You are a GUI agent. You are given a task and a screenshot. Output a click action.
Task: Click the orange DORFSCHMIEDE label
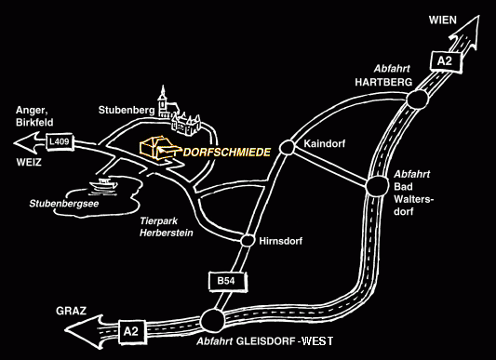227,153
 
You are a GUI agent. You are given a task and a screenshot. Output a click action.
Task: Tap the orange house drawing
156,147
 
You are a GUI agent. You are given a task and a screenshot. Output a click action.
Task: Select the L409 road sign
60,141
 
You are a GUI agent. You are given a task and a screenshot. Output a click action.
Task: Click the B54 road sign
227,281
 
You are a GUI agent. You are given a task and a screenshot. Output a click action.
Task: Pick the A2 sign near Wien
445,60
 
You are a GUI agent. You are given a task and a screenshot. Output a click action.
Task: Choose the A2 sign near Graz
131,331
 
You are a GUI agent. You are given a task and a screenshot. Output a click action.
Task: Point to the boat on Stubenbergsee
103,186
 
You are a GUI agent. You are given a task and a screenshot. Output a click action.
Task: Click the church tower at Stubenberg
163,101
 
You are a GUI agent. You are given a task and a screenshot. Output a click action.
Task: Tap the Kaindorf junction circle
288,147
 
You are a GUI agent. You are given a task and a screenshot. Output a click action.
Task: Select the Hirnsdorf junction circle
248,241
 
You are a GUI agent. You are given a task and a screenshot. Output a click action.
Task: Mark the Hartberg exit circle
417,100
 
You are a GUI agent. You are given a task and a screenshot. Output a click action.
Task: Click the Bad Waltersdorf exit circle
377,186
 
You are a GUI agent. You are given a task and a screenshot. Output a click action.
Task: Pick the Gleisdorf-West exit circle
212,320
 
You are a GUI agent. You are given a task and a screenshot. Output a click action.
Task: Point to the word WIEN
443,20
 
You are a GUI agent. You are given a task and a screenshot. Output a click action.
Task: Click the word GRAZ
71,311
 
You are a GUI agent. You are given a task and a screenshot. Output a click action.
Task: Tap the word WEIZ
29,163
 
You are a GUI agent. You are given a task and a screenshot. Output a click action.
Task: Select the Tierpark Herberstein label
167,227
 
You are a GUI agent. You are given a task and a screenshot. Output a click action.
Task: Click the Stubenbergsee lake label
64,204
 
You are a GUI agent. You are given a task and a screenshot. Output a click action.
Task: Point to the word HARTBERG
383,82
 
